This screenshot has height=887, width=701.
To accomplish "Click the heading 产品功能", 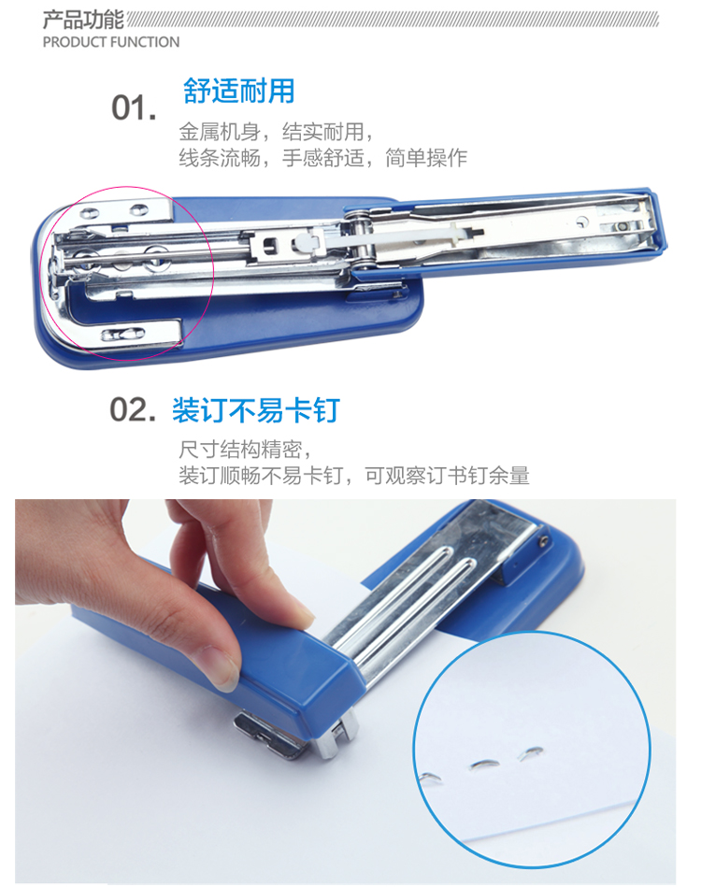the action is (x=83, y=20).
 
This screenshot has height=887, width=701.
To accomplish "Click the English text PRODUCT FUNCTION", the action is (x=111, y=42).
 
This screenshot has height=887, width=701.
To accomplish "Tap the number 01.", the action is (x=134, y=107).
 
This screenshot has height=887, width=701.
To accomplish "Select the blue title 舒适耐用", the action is (x=238, y=91).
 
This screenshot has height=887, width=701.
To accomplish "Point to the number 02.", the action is (x=133, y=409).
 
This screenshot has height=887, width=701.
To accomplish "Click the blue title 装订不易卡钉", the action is (x=256, y=410).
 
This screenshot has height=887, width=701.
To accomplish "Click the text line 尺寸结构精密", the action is (x=245, y=450).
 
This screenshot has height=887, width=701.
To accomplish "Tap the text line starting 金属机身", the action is (x=276, y=132).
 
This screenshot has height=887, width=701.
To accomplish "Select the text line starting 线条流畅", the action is (x=323, y=158).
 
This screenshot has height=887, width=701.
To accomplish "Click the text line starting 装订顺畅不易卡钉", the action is (x=354, y=475).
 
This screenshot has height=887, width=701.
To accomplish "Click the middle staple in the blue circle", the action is (x=484, y=765).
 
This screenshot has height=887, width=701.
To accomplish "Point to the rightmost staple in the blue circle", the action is (x=531, y=751).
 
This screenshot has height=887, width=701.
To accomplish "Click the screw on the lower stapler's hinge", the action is (x=543, y=541).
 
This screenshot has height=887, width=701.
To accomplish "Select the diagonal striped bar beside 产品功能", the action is (x=393, y=20).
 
